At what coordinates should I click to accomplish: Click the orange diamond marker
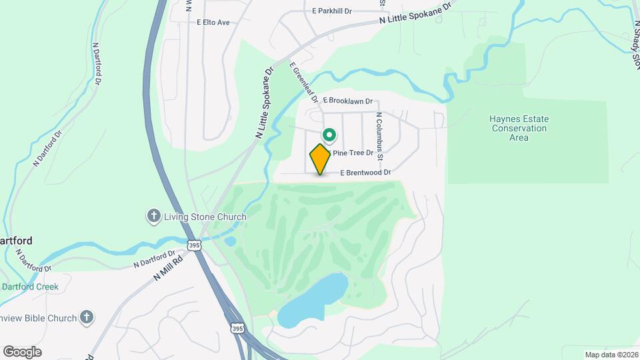pos(320,159)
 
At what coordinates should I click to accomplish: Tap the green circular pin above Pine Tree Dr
pos(329,135)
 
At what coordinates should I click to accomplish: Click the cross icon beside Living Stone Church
pos(153,216)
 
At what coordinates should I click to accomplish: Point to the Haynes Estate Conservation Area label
pos(519,128)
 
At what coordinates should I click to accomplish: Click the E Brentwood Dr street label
pos(365,172)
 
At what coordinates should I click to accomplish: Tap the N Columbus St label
pos(379,137)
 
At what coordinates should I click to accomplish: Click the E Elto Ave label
pos(213,23)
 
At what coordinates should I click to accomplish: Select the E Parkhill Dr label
pos(341,11)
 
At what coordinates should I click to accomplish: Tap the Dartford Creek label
pos(30,287)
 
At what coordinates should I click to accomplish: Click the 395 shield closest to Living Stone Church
pos(194,246)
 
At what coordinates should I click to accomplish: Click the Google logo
pos(22,351)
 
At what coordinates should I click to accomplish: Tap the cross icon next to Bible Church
pos(86,318)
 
